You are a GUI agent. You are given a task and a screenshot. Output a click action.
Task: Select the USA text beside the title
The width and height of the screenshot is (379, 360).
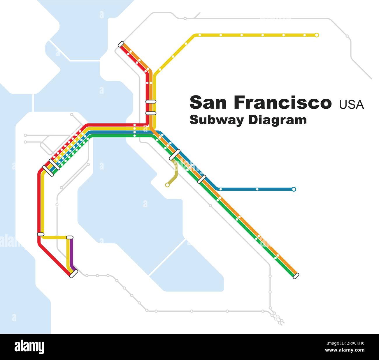[351, 105]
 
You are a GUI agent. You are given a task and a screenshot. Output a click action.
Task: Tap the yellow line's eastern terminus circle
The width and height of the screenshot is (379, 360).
[317, 35]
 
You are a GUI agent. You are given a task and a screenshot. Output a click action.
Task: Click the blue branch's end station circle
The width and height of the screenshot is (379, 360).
[294, 189]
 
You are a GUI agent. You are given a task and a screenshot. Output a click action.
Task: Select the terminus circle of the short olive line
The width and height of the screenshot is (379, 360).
[167, 185]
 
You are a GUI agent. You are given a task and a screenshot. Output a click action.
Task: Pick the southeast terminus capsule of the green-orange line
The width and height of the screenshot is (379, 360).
[296, 276]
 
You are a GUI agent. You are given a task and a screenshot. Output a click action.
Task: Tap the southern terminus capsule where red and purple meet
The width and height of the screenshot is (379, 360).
[74, 273]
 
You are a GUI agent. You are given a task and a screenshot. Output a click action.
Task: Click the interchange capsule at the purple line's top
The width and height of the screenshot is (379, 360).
[70, 237]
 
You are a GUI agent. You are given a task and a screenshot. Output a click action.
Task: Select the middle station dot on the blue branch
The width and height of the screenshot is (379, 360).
[257, 189]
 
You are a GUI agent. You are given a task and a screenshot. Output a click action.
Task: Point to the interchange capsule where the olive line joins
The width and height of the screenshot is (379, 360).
[174, 155]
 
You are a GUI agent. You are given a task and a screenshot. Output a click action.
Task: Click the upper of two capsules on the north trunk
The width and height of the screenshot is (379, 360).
[151, 101]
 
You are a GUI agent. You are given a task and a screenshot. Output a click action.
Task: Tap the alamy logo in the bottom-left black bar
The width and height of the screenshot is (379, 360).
[29, 347]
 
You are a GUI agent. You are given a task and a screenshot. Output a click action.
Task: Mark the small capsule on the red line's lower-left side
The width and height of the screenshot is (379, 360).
[41, 234]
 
